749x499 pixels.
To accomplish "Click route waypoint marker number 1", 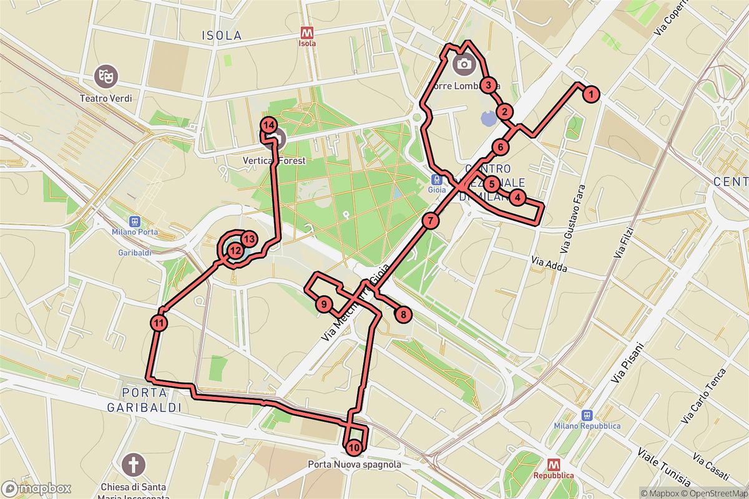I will click(590, 95).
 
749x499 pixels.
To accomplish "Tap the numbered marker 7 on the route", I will click(430, 220).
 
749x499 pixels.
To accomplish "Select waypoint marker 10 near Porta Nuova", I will click(354, 447).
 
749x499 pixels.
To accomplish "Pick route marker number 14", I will click(269, 125).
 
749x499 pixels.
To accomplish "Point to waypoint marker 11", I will click(159, 322).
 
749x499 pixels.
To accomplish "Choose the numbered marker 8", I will click(404, 314).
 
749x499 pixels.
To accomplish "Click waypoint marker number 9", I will click(323, 305).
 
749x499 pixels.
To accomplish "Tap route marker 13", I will click(248, 239).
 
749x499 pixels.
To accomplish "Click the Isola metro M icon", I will click(307, 32).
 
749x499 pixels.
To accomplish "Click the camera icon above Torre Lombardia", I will click(464, 63).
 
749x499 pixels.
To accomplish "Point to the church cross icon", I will click(132, 464).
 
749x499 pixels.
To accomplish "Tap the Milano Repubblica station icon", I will click(587, 415).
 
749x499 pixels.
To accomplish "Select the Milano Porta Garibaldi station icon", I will click(134, 221).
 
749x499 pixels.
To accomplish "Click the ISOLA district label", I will click(222, 36).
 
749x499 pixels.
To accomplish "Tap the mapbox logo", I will click(36, 488).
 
